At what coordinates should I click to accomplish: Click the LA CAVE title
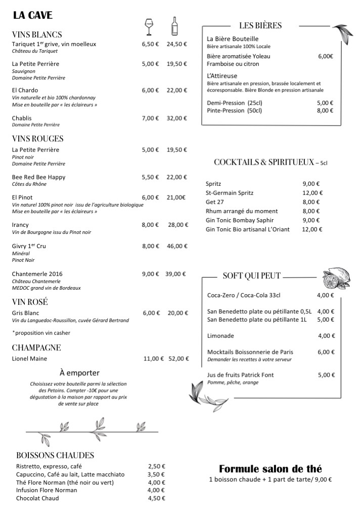click(x=33, y=16)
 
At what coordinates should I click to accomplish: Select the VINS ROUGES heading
click(x=37, y=138)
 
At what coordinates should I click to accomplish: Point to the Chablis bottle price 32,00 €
click(x=177, y=118)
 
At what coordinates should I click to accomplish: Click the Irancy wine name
click(x=20, y=225)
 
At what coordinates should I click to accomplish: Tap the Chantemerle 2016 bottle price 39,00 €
click(x=176, y=274)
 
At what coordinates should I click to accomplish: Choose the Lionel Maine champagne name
click(x=29, y=359)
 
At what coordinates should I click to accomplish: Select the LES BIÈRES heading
click(x=260, y=25)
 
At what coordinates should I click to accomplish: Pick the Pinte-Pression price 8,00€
click(x=326, y=110)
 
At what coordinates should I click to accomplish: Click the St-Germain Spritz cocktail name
click(x=230, y=193)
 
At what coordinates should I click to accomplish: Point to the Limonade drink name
click(x=221, y=336)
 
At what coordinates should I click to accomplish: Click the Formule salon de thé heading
click(x=270, y=468)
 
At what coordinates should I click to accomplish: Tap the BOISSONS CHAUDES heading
click(x=55, y=455)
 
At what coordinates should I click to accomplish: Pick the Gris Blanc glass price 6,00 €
click(x=151, y=313)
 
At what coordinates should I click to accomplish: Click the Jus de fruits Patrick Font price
click(x=326, y=375)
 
